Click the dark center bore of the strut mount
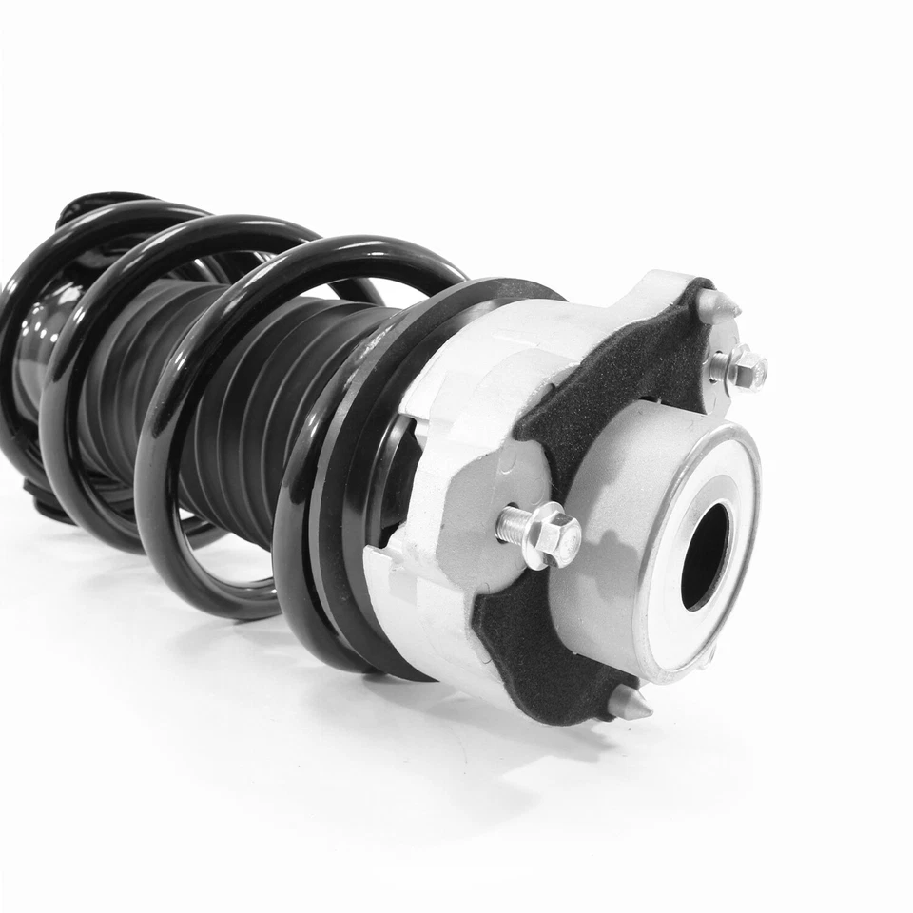pos(705,556)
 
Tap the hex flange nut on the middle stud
pos(554,534)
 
